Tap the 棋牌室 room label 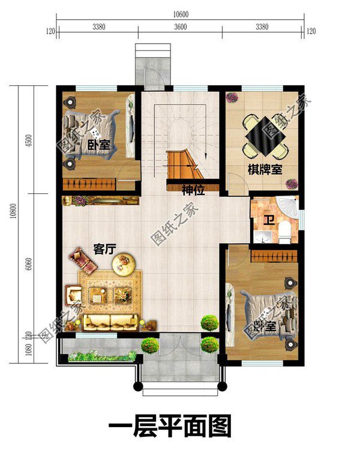tap(265, 169)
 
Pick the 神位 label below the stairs tap(194, 191)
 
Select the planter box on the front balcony tap(102, 357)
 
